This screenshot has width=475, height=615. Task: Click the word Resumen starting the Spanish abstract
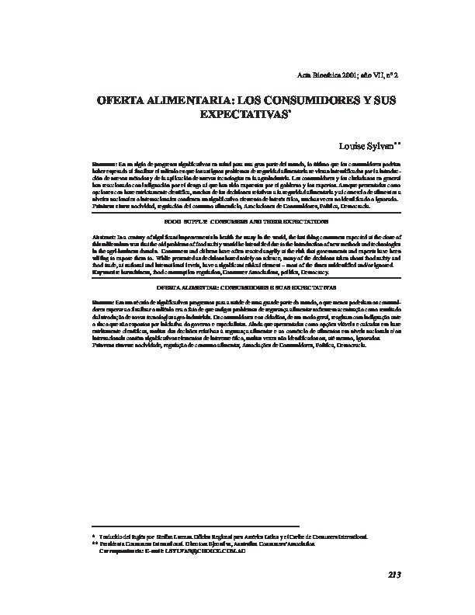103,165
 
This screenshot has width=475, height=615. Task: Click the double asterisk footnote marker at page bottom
95,544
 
